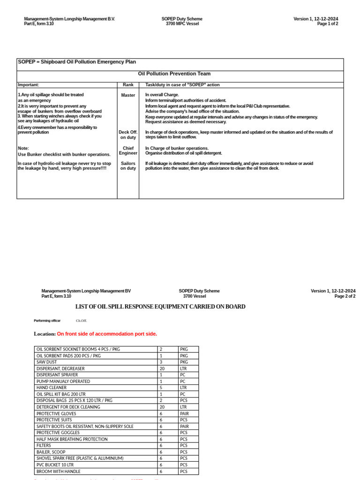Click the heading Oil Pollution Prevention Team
click(174, 74)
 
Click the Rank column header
click(128, 85)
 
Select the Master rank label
click(128, 95)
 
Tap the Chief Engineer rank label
click(128, 150)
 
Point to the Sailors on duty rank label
click(128, 166)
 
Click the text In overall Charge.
click(162, 95)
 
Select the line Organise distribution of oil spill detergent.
click(184, 153)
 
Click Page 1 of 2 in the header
click(327, 24)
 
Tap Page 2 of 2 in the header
click(345, 296)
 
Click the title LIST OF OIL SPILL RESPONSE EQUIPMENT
click(160, 307)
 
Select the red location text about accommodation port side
click(107, 334)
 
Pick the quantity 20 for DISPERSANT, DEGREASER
click(162, 369)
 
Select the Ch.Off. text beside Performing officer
click(82, 321)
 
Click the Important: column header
click(29, 85)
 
